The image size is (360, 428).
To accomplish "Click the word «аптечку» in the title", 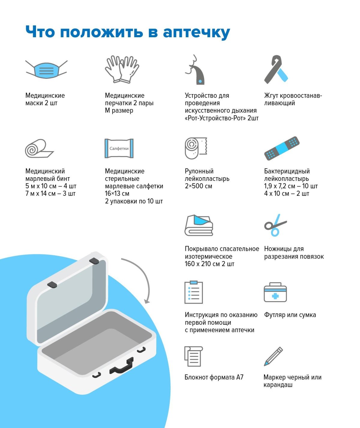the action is tap(196, 32).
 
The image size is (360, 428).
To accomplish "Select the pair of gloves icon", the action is tap(122, 69).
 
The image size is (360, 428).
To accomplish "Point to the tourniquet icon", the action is tap(276, 69).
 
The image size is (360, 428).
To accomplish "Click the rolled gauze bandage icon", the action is tap(39, 148).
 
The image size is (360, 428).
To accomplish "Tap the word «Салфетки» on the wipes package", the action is tap(119, 148).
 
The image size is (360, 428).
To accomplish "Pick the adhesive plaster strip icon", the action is tap(282, 148).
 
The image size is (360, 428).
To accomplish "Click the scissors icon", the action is tap(275, 225).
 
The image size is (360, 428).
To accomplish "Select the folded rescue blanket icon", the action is tap(199, 226).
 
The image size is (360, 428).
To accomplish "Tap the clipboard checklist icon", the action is tap(193, 292).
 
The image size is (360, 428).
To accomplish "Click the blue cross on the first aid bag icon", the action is tap(275, 296).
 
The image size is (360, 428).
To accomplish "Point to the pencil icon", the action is tap(273, 357).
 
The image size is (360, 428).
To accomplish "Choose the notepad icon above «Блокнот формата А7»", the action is tap(193, 357).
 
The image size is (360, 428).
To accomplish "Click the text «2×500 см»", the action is tap(198, 186).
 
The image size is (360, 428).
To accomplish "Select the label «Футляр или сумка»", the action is tap(290, 315).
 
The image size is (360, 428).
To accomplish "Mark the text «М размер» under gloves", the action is tap(119, 111).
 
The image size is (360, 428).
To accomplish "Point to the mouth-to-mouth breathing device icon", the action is tap(195, 70).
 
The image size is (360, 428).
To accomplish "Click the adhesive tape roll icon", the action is tap(196, 148).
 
